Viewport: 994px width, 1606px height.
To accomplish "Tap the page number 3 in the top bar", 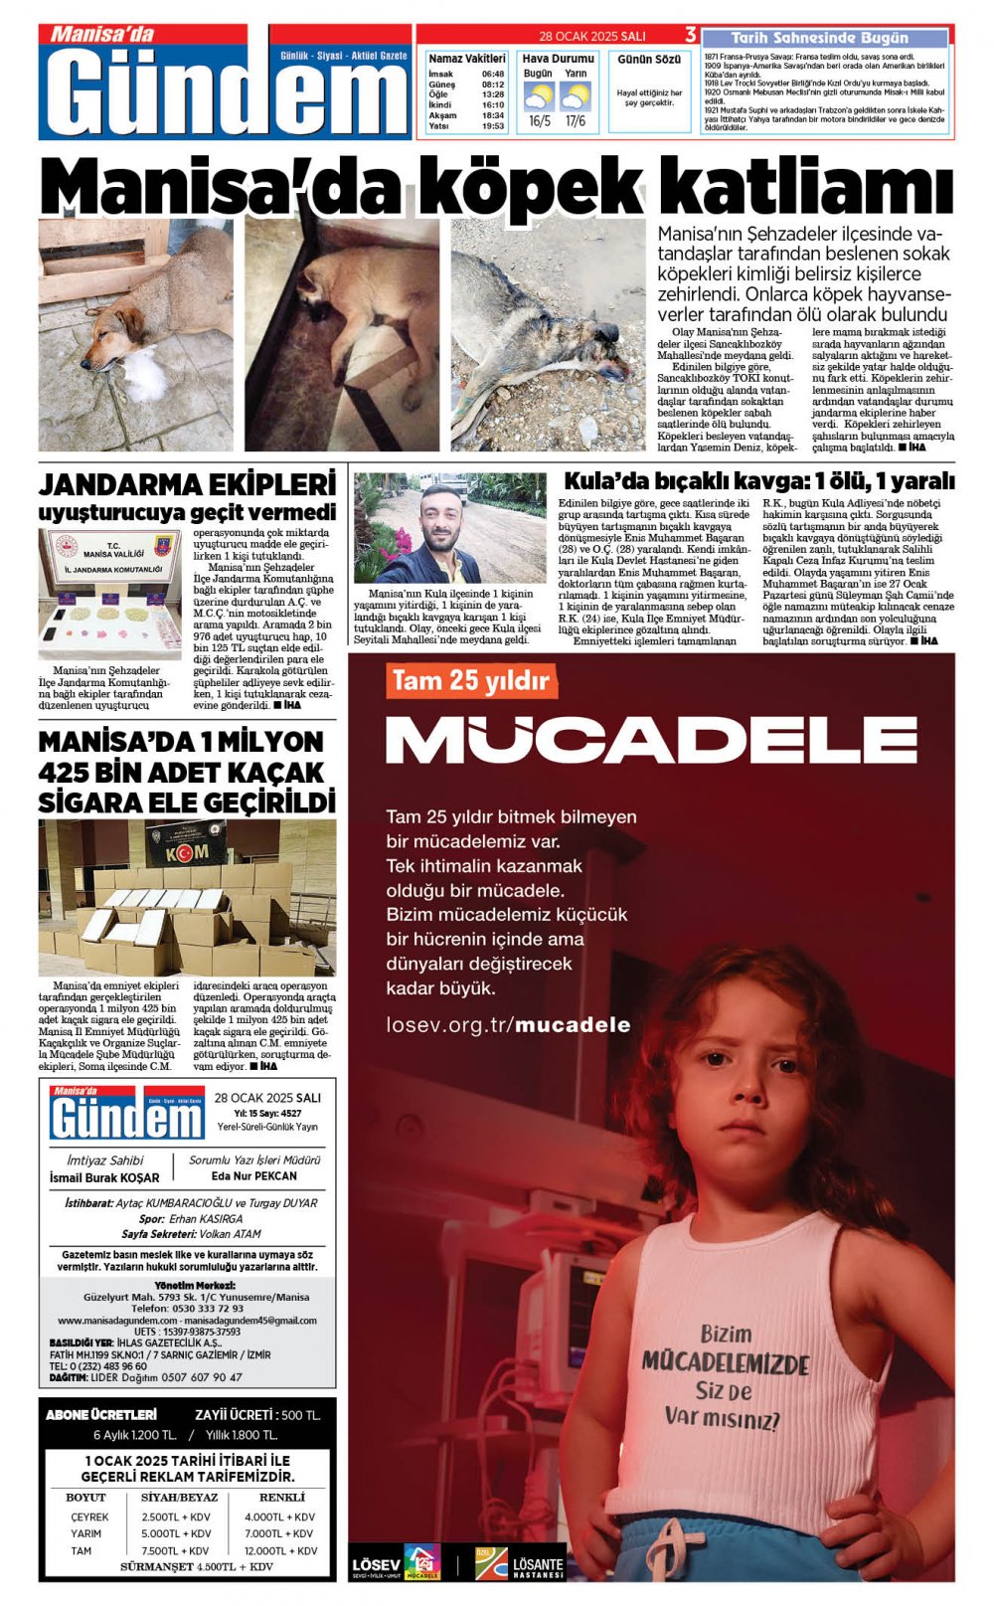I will click(x=690, y=36).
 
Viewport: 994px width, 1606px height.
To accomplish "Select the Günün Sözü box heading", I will click(x=649, y=60).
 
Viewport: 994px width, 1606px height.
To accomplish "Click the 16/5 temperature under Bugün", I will click(x=539, y=121).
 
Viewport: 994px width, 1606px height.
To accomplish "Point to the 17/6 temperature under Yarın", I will click(x=576, y=121).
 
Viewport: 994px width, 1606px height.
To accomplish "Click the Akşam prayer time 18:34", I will click(x=493, y=115).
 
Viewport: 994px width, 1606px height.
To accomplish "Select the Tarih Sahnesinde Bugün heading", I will click(x=819, y=38).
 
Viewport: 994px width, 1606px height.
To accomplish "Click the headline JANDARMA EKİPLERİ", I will click(x=187, y=485).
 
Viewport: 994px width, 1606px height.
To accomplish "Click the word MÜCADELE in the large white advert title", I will click(x=651, y=739).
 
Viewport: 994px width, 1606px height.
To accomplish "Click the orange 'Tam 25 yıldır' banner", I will click(x=470, y=681).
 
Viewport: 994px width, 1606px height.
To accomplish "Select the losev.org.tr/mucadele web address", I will click(x=508, y=1025).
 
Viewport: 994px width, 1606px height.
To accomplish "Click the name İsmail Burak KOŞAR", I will click(x=104, y=1177).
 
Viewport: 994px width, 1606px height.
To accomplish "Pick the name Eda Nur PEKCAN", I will click(x=254, y=1175).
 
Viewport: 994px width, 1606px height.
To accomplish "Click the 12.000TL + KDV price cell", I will click(x=281, y=1550).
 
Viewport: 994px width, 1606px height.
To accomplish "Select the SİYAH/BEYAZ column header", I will click(x=180, y=1497).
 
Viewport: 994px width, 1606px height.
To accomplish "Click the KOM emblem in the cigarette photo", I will click(x=186, y=852).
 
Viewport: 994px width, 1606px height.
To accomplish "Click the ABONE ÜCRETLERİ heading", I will click(x=101, y=1414).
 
